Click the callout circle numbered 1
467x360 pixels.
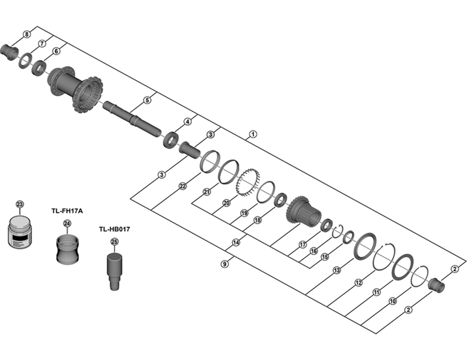tap(252, 134)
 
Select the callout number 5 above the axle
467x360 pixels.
tap(147, 100)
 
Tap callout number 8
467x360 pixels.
tap(27, 35)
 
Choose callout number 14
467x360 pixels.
tap(236, 243)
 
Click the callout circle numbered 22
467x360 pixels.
tap(183, 186)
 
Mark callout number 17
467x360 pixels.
tap(302, 244)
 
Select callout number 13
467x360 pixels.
tap(337, 270)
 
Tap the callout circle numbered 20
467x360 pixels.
tap(226, 203)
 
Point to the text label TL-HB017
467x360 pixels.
tap(114, 229)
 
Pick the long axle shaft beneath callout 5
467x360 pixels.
tap(132, 116)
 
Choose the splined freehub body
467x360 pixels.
tap(303, 211)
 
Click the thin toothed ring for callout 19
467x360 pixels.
tap(246, 180)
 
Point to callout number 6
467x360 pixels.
tap(56, 51)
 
